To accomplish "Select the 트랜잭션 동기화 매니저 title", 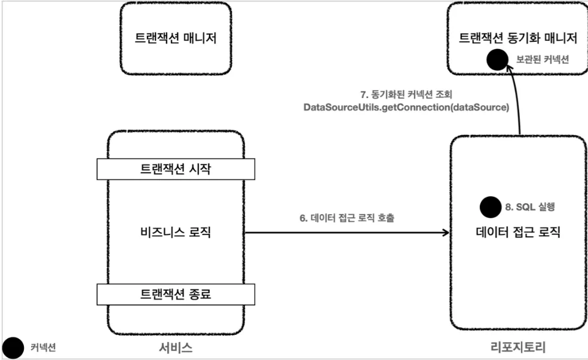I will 517,39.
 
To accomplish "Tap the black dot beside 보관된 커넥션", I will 497,60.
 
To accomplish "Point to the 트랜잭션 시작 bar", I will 176,169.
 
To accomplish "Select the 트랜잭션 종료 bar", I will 176,294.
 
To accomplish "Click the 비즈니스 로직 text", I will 176,232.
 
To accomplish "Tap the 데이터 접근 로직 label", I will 517,232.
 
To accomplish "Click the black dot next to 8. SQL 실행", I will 491,208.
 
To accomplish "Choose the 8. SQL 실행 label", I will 531,208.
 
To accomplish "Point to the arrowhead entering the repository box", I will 445,232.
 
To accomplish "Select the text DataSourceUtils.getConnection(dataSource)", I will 406,108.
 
